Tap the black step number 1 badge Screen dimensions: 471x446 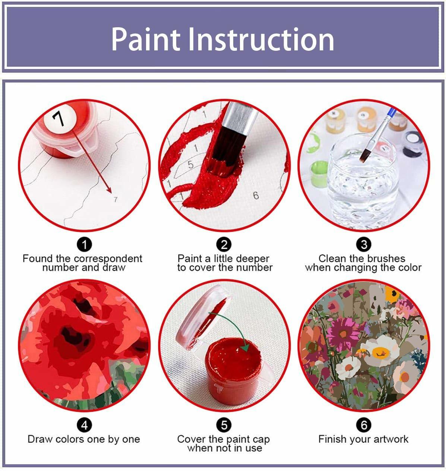(84, 245)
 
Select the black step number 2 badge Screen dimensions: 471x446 (224, 245)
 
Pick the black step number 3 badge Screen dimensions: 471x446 (364, 245)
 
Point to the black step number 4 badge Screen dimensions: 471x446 (84, 425)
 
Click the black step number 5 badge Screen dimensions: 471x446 (224, 425)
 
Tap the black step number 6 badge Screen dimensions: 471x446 (364, 425)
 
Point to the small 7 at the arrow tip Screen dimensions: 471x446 (115, 199)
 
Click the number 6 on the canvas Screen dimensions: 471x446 (256, 196)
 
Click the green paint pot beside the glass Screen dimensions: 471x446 (319, 174)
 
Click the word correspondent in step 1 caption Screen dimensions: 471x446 (108, 258)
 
